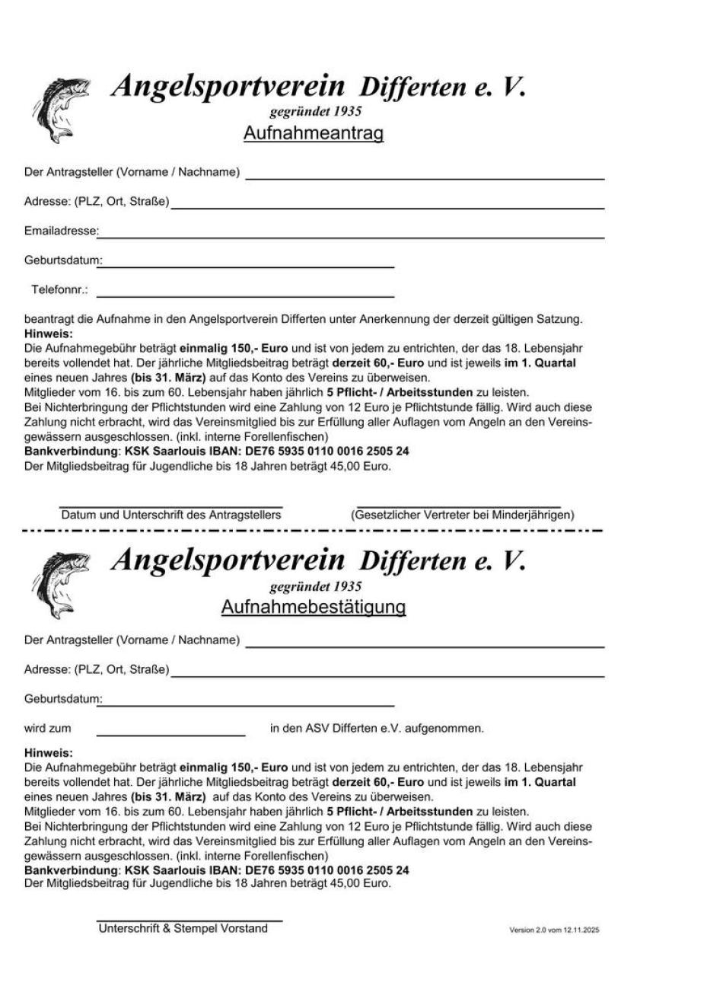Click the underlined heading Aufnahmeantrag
313,133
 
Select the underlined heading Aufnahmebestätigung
313,607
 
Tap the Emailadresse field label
61,231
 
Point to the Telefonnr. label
59,290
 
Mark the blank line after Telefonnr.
245,295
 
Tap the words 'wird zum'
47,729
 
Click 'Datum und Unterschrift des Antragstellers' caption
171,515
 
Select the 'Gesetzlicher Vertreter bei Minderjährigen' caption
462,515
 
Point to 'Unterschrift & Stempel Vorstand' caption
183,929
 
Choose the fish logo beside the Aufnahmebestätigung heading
59,583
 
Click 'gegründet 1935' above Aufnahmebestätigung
315,586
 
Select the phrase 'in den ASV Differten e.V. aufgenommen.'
377,729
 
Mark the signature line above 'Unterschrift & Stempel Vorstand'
189,921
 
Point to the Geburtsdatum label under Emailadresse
62,260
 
